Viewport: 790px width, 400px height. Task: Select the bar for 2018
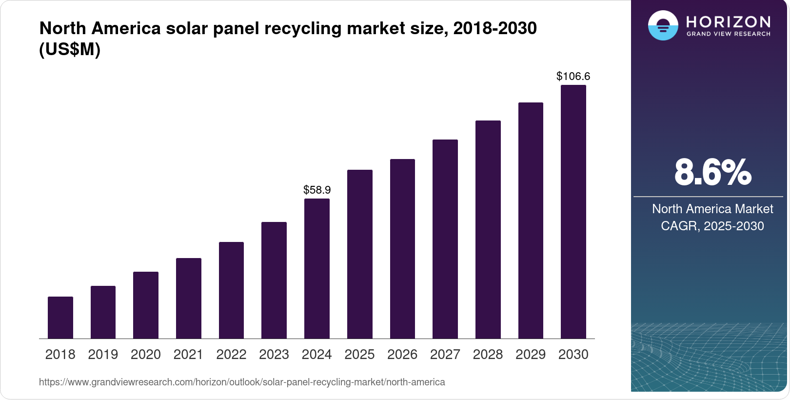pyautogui.click(x=60, y=318)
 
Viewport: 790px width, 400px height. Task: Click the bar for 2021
pyautogui.click(x=189, y=298)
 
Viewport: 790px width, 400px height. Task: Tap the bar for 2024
pyautogui.click(x=317, y=268)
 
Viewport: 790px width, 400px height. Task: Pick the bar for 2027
pyautogui.click(x=445, y=239)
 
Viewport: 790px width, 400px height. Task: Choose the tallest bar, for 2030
pyautogui.click(x=573, y=212)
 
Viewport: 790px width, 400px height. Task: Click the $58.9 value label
pyautogui.click(x=317, y=190)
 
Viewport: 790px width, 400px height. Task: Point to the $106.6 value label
pyautogui.click(x=573, y=76)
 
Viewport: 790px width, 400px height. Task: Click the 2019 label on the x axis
pyautogui.click(x=103, y=355)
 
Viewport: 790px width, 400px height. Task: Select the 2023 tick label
pyautogui.click(x=274, y=355)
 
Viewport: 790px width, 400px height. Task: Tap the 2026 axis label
pyautogui.click(x=402, y=355)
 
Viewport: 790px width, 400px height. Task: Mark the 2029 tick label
pyautogui.click(x=531, y=355)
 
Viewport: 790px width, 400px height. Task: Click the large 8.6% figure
pyautogui.click(x=712, y=172)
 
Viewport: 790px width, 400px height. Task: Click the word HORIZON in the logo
pyautogui.click(x=729, y=21)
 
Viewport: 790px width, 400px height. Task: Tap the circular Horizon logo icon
pyautogui.click(x=663, y=25)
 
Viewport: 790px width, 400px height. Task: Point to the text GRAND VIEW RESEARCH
pyautogui.click(x=729, y=34)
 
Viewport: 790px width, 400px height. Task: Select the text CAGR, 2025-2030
pyautogui.click(x=712, y=226)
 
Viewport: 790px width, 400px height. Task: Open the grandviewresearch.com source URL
pyautogui.click(x=242, y=382)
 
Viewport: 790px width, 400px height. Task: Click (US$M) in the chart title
pyautogui.click(x=70, y=50)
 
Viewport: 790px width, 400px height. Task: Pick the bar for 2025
pyautogui.click(x=360, y=254)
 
